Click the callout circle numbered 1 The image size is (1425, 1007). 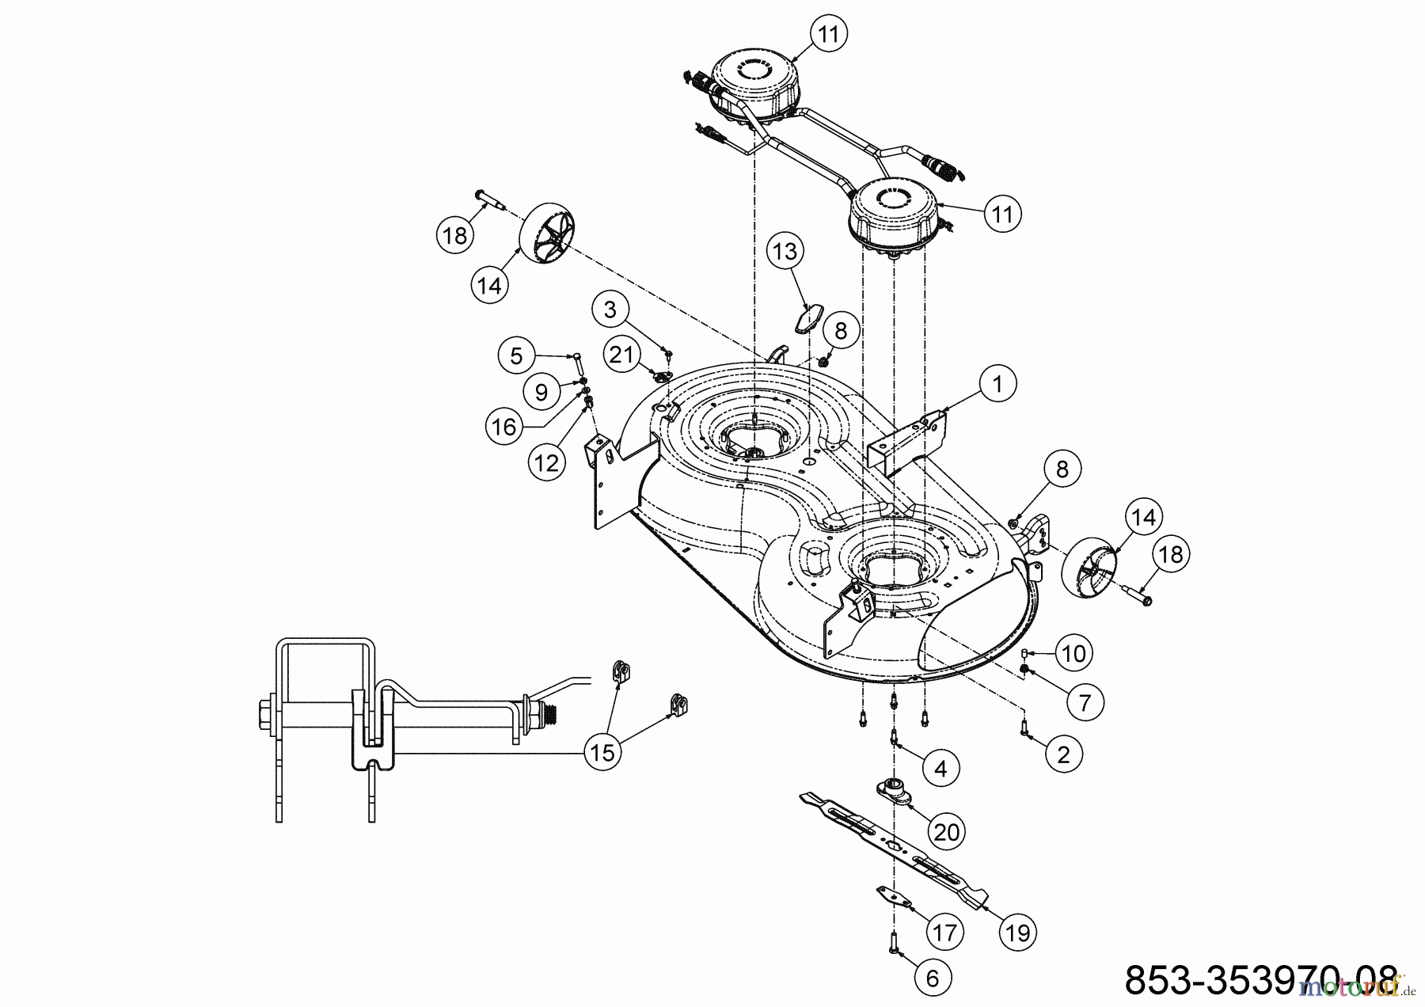pyautogui.click(x=997, y=384)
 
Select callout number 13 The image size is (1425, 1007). pyautogui.click(x=785, y=252)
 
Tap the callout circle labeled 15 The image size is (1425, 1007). pyautogui.click(x=603, y=752)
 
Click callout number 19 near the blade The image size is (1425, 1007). pyautogui.click(x=1018, y=933)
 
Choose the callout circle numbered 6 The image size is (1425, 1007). pyautogui.click(x=932, y=978)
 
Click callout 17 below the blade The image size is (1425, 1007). pyautogui.click(x=944, y=933)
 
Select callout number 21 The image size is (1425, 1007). pyautogui.click(x=622, y=355)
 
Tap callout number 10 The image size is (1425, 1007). pyautogui.click(x=1073, y=653)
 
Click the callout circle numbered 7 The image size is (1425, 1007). pyautogui.click(x=1085, y=701)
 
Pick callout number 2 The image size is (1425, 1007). pyautogui.click(x=1063, y=754)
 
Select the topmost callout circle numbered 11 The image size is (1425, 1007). pyautogui.click(x=828, y=34)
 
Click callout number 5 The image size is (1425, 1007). pyautogui.click(x=516, y=355)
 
